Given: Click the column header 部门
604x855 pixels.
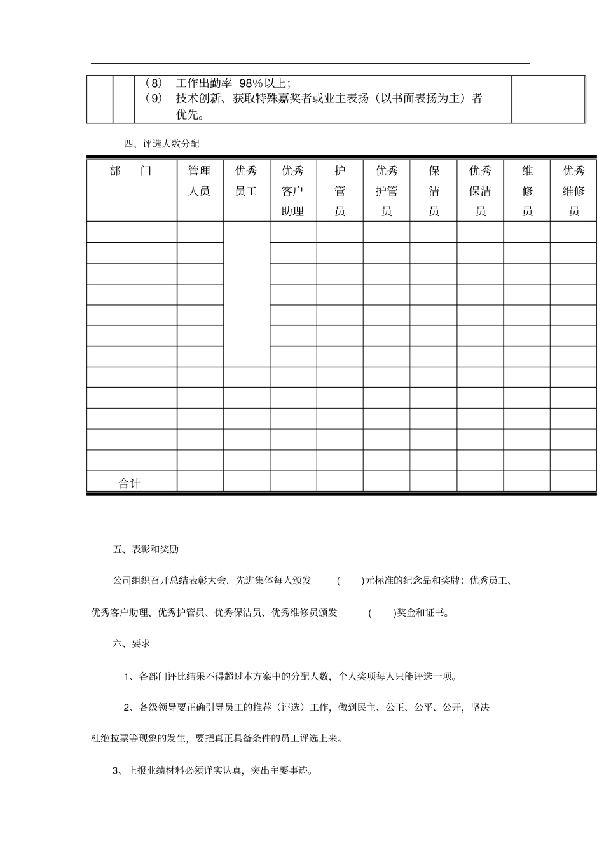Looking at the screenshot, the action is (131, 171).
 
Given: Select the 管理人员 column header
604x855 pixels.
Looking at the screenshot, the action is (199, 181).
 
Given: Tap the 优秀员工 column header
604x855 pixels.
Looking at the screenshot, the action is (246, 181).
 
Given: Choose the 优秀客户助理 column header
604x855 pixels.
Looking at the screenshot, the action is (292, 191).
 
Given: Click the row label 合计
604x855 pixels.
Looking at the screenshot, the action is (130, 483).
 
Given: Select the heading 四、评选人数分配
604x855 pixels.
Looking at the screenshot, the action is (161, 144).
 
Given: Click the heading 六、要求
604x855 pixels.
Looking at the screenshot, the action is (132, 643).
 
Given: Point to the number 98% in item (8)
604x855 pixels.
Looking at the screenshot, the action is (251, 83).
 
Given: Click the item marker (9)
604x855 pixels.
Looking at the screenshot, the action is (152, 99).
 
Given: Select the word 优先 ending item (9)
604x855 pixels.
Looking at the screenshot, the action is (188, 115).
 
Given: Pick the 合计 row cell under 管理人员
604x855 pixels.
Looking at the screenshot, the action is (200, 481).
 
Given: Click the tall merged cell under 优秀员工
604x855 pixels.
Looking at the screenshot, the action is (246, 294).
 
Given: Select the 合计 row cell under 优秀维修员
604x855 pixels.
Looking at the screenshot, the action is (573, 481).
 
